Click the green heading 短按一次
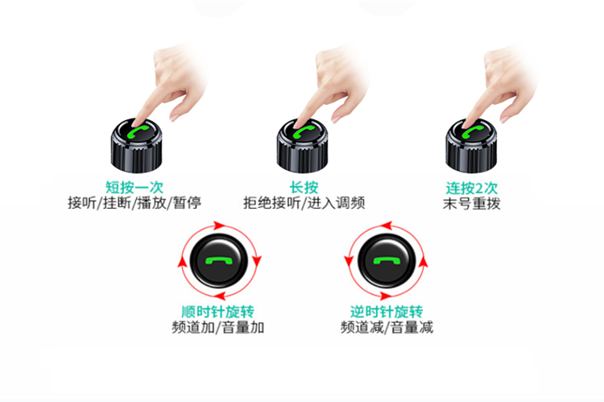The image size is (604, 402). [134, 188]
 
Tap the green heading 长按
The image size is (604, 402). [304, 188]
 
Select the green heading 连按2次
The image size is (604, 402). [471, 188]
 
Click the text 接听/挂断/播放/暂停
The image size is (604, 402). [134, 203]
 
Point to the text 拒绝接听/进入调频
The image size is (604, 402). [304, 203]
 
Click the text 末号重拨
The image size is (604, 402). [471, 204]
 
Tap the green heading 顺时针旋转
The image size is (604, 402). [217, 312]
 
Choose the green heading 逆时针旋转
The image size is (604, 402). [387, 312]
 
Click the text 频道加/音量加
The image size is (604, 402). [217, 327]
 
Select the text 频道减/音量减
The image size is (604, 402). [387, 327]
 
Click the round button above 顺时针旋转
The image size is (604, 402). [219, 260]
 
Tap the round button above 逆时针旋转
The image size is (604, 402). [387, 260]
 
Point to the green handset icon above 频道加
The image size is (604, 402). [219, 260]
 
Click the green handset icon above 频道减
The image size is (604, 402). [387, 261]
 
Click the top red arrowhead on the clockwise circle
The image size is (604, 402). [219, 226]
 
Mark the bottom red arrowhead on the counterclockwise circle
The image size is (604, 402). [385, 296]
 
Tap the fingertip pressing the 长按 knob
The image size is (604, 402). [298, 124]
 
